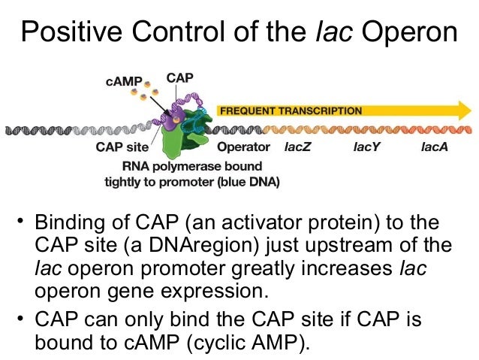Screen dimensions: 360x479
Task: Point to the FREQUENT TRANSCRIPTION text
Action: [x=290, y=110]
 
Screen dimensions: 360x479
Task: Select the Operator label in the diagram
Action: [x=243, y=147]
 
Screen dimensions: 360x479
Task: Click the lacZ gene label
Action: [x=297, y=147]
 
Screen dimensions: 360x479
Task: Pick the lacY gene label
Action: [x=367, y=147]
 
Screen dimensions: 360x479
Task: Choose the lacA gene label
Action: [x=435, y=147]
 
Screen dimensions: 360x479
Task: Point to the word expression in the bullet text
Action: [x=225, y=292]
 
